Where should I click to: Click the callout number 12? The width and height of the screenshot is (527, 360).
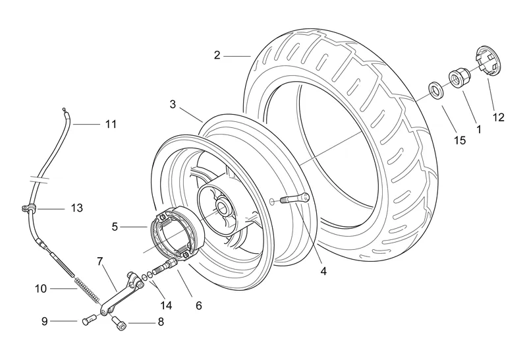coord(499,117)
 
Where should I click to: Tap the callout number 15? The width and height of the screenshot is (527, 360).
coord(460,140)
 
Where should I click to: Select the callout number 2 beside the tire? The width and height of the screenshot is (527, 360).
coord(217,55)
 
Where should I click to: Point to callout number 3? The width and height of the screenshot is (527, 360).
coord(173,104)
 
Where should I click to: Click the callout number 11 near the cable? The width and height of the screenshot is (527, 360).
coord(111,124)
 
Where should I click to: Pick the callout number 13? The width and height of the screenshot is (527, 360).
coord(76,208)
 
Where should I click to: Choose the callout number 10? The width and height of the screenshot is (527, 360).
coord(41,289)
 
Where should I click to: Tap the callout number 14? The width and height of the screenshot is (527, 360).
coord(166,305)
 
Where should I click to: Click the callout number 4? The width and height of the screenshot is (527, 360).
coord(323,271)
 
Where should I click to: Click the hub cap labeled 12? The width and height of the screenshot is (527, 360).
coord(488,61)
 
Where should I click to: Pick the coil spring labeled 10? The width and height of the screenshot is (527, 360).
coord(88,290)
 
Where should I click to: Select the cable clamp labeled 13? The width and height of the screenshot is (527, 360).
coord(28,209)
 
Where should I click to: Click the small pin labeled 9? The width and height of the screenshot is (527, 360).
coord(89,319)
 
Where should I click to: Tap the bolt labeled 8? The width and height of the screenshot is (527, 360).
coord(119,323)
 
